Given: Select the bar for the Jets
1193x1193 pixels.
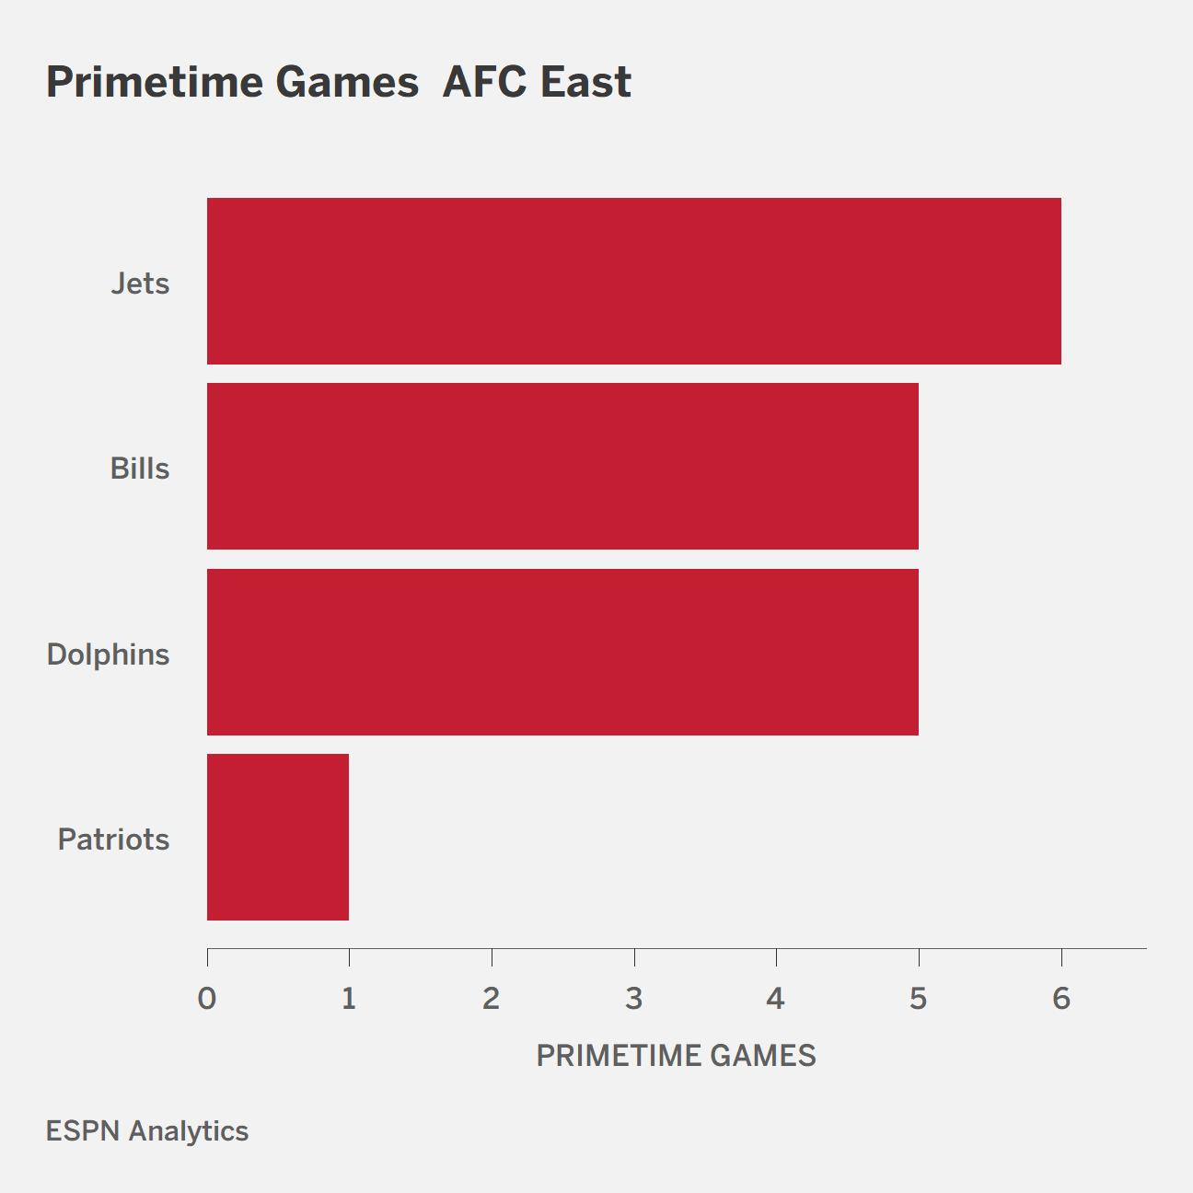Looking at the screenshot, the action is pyautogui.click(x=634, y=281).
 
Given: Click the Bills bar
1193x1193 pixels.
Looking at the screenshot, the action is pyautogui.click(x=562, y=466).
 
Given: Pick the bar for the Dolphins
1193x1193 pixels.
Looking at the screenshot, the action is pyautogui.click(x=562, y=652).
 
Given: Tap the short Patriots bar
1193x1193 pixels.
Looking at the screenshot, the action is pyautogui.click(x=278, y=837).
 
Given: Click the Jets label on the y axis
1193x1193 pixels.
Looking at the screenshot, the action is pyautogui.click(x=140, y=284).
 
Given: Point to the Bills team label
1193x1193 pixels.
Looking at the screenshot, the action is pyautogui.click(x=139, y=469).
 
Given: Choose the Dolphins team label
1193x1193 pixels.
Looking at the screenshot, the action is pyautogui.click(x=108, y=654).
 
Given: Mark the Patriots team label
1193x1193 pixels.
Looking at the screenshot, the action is pyautogui.click(x=113, y=840).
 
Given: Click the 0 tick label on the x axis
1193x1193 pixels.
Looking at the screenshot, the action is pyautogui.click(x=207, y=999).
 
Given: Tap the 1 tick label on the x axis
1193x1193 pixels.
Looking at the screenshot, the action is pyautogui.click(x=349, y=999).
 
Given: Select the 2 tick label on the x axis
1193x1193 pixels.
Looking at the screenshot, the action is pyautogui.click(x=491, y=999).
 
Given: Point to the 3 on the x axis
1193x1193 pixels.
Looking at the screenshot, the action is pyautogui.click(x=633, y=999).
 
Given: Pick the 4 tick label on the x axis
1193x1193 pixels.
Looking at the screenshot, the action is pyautogui.click(x=776, y=999).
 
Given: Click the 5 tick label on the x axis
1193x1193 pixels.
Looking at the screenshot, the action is pyautogui.click(x=918, y=999).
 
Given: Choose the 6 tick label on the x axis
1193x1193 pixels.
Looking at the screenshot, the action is pyautogui.click(x=1061, y=999).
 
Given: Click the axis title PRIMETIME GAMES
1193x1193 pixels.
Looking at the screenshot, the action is pyautogui.click(x=676, y=1056).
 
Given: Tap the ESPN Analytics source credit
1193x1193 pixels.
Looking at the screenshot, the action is pyautogui.click(x=147, y=1131).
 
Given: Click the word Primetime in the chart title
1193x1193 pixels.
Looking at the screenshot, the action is pyautogui.click(x=155, y=83).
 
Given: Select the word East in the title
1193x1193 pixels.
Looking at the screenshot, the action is pyautogui.click(x=585, y=82).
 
